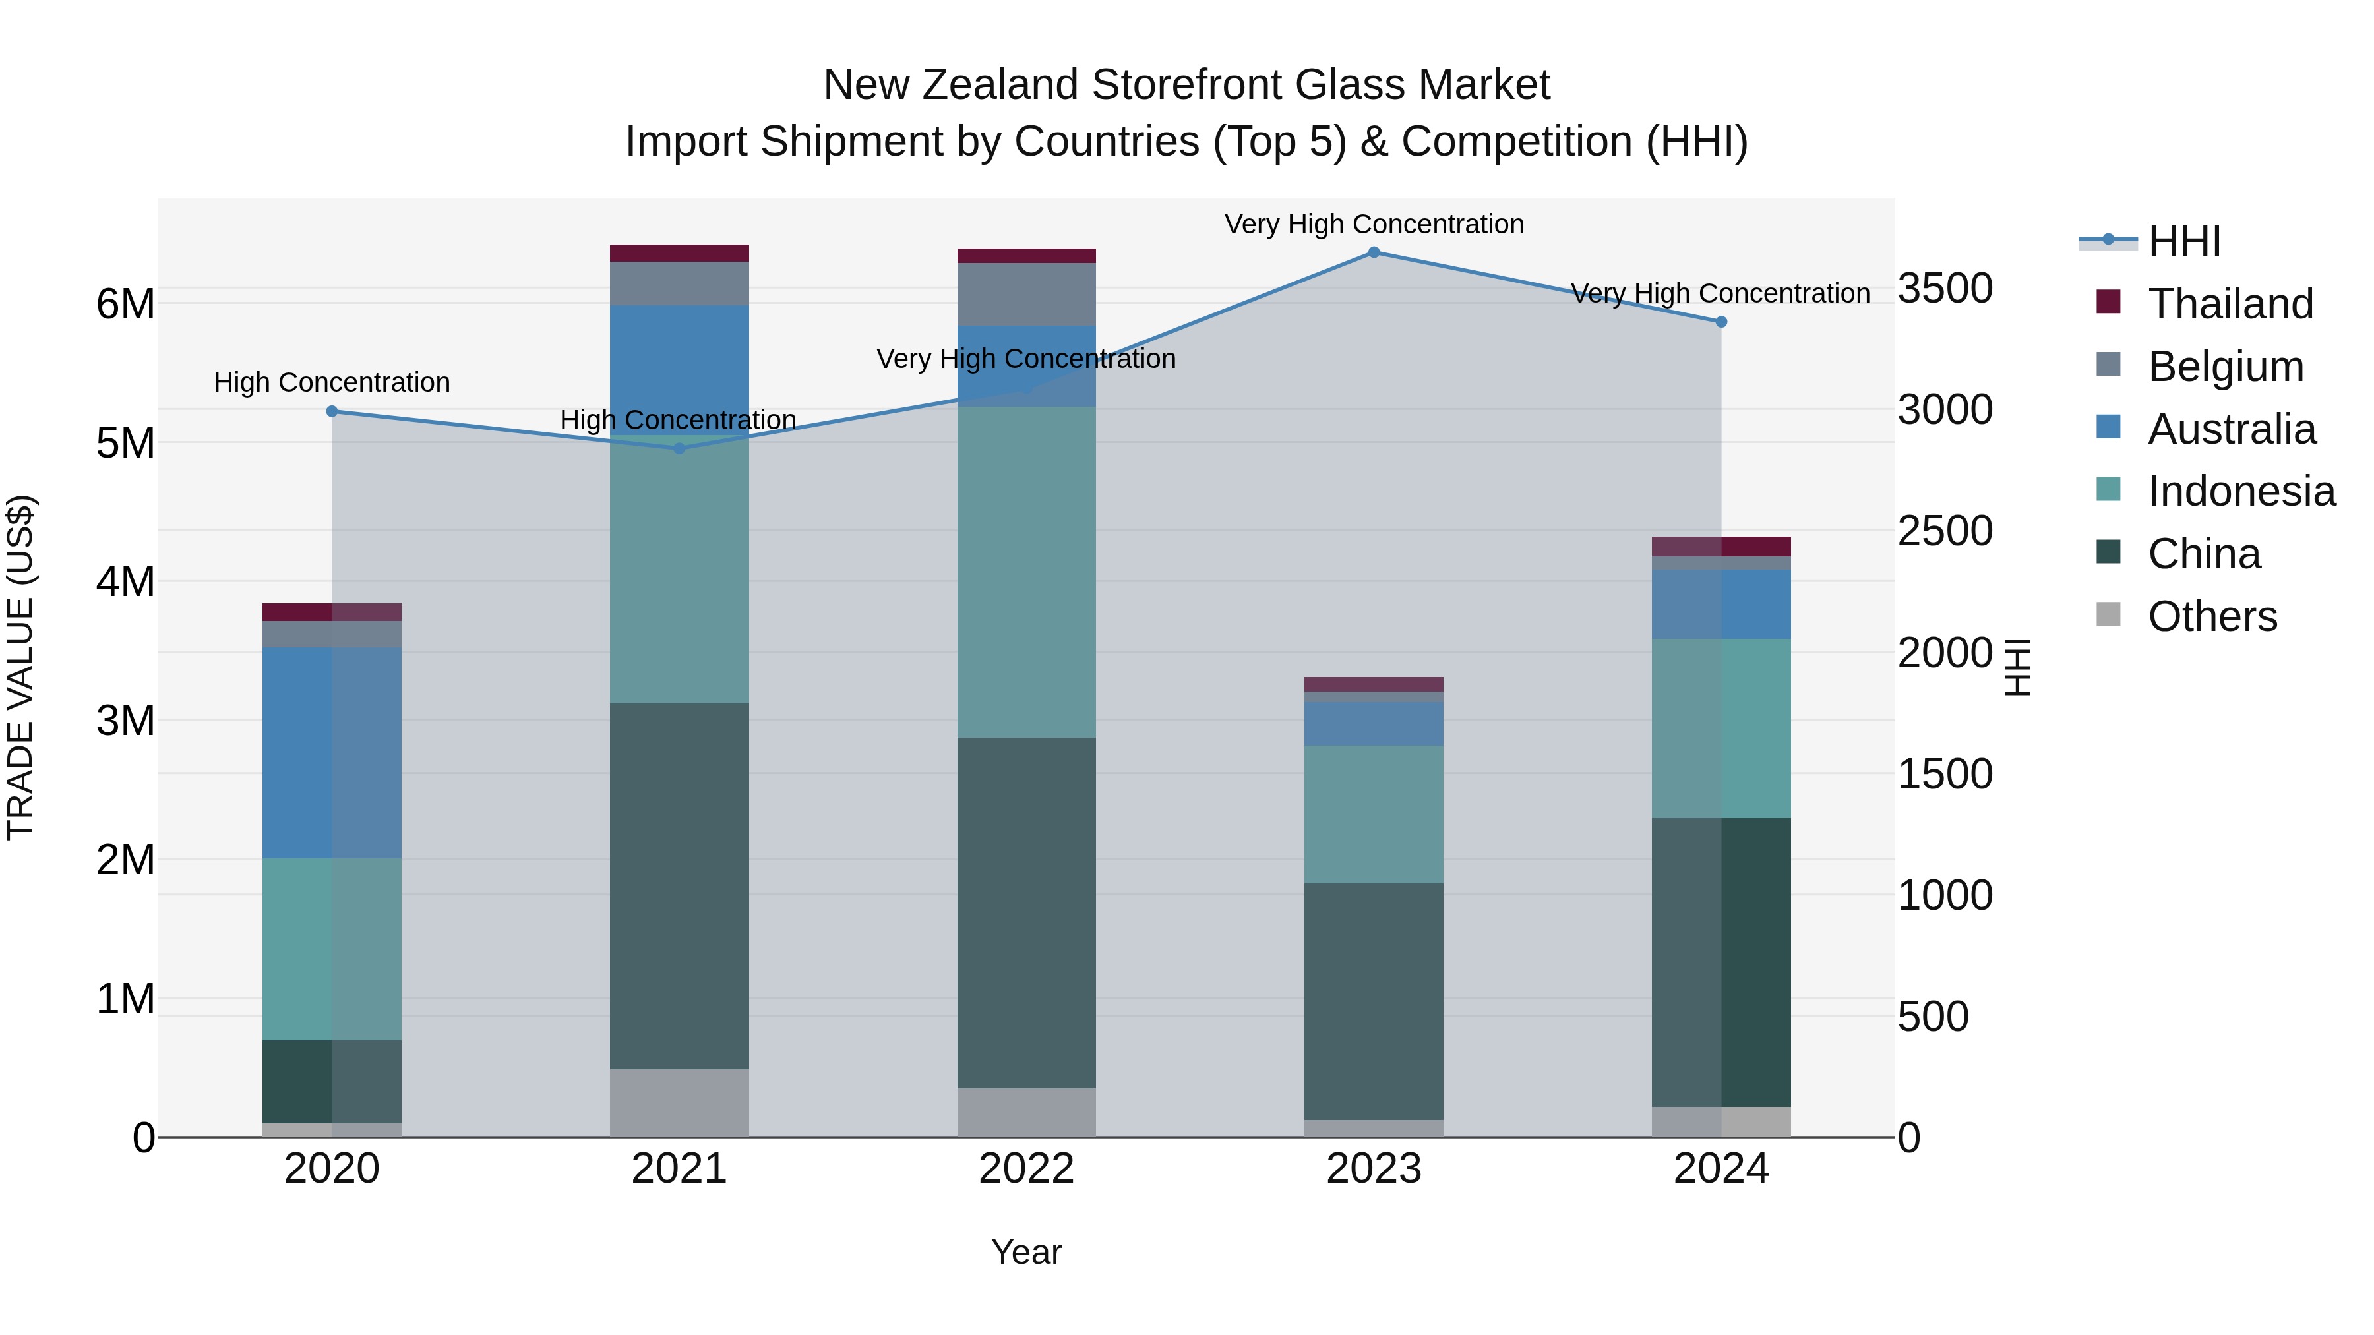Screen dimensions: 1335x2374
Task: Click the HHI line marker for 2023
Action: click(1373, 252)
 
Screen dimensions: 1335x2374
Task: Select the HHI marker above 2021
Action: click(679, 449)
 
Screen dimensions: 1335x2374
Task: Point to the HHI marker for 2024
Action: click(1720, 322)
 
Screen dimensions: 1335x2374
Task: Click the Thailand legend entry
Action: click(2230, 304)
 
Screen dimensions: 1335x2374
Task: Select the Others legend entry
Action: click(2212, 616)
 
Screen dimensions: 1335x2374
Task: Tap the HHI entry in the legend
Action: click(2183, 241)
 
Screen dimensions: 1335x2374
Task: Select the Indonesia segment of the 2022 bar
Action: click(1027, 571)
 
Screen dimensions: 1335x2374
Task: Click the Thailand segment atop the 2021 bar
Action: click(679, 253)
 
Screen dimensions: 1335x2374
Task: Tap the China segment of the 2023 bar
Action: click(1373, 1001)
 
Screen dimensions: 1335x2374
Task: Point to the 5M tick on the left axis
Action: click(125, 443)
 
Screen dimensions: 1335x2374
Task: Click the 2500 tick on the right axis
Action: click(1945, 531)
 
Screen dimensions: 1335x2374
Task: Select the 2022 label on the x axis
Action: click(1027, 1169)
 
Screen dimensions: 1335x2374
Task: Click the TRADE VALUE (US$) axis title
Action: click(20, 667)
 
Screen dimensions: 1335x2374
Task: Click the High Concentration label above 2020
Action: click(332, 382)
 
